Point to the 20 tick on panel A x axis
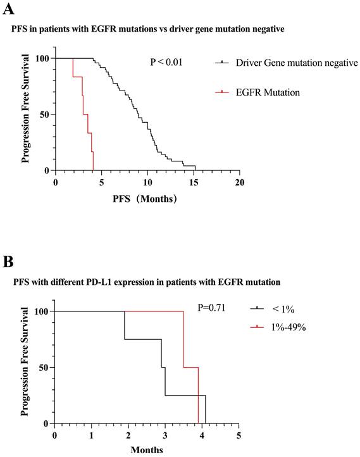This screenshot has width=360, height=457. (x=239, y=183)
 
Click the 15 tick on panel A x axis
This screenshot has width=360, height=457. (x=193, y=183)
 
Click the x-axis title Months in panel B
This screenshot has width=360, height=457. (x=146, y=451)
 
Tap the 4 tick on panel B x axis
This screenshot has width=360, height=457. (x=201, y=436)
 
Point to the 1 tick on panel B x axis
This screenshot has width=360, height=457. (x=91, y=436)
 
